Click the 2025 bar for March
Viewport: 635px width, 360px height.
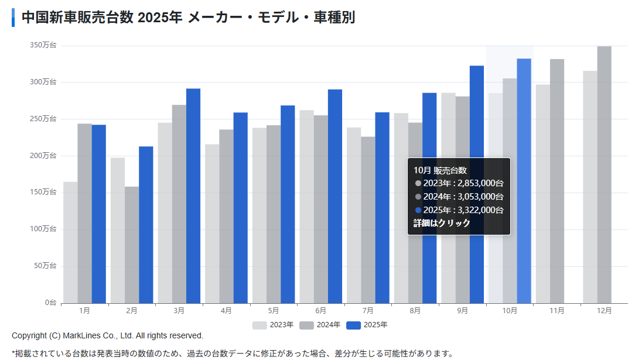coord(193,196)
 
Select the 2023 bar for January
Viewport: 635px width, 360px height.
coord(70,242)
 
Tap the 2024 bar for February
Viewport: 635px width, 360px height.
coord(132,245)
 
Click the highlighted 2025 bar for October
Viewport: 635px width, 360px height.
coord(524,181)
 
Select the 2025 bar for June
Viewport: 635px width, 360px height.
coord(334,196)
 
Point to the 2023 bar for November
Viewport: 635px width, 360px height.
coord(543,194)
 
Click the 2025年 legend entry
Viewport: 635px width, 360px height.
coord(367,325)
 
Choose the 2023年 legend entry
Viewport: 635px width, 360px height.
coord(273,325)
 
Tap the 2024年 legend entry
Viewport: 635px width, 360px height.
coord(320,325)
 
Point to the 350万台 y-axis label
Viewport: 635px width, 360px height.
coord(43,45)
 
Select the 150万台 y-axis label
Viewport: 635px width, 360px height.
coord(43,193)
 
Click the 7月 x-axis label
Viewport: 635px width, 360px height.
coord(368,310)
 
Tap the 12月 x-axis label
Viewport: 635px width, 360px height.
coord(604,310)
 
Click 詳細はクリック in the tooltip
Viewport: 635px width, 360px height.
coord(442,223)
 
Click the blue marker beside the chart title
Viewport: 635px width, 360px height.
coord(13,18)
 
